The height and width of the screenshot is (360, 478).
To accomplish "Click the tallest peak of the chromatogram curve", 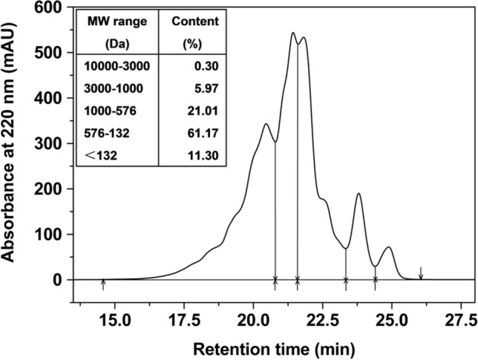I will tap(293, 33).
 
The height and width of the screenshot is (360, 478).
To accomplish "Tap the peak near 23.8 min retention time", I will tap(358, 194).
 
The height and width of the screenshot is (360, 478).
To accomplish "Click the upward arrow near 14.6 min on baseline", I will tap(103, 284).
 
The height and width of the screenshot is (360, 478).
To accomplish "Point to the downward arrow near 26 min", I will tap(421, 273).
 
